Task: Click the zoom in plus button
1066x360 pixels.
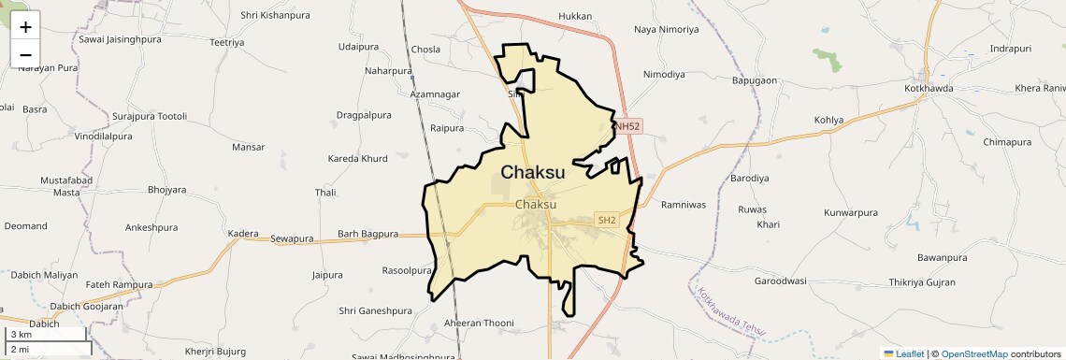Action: tap(25, 26)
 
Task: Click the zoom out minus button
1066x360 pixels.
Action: tap(25, 54)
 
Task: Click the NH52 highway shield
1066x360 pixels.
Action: tap(627, 125)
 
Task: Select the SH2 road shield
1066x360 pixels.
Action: tap(607, 221)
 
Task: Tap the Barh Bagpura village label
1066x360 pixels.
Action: tap(367, 234)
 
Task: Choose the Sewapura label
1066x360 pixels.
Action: tap(292, 238)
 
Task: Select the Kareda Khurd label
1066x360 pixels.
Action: tap(357, 159)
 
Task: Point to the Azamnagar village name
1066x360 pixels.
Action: tap(435, 94)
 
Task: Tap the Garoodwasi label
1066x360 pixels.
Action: tap(780, 281)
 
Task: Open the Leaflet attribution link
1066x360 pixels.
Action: tap(903, 353)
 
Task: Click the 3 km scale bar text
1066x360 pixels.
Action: tap(22, 335)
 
